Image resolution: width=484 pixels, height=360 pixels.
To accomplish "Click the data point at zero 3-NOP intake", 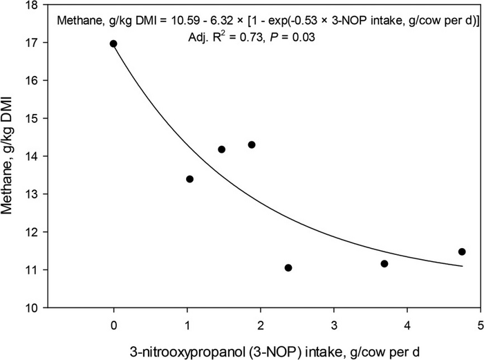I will pyautogui.click(x=113, y=44).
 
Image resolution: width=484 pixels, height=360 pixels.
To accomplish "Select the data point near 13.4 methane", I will pyautogui.click(x=189, y=179).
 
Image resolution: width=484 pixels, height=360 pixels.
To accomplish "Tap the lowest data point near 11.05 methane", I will pyautogui.click(x=288, y=267).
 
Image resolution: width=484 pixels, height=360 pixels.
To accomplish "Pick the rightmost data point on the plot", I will pyautogui.click(x=462, y=252).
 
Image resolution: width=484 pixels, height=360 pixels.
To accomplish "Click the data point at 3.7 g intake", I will pyautogui.click(x=384, y=263).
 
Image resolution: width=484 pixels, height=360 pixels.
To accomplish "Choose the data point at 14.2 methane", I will pyautogui.click(x=221, y=149).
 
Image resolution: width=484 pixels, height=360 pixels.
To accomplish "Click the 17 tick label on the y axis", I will pyautogui.click(x=31, y=44).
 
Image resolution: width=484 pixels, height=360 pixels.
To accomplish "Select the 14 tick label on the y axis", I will pyautogui.click(x=31, y=157).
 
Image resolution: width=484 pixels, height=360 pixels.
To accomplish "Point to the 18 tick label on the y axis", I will pyautogui.click(x=31, y=6).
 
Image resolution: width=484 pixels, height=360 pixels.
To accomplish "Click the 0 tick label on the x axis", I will pyautogui.click(x=113, y=325).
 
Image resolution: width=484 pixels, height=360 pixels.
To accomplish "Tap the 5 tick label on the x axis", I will pyautogui.click(x=480, y=325).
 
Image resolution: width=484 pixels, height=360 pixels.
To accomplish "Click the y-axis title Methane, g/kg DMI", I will pyautogui.click(x=10, y=156).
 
